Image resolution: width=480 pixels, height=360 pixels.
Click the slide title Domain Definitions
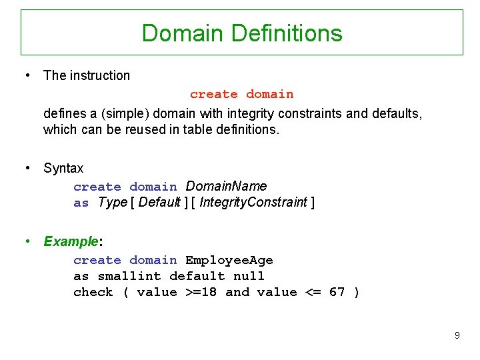coord(242,33)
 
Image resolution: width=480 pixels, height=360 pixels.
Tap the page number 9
coord(457,335)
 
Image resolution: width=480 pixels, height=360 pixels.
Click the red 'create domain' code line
coord(241,95)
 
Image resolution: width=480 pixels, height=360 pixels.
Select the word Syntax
coord(63,168)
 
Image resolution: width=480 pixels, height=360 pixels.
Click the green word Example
coord(70,241)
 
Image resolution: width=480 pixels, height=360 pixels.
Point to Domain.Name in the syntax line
coord(226,186)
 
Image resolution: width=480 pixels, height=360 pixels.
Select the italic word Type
coord(112,202)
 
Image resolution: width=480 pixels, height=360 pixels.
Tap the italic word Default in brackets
coord(159,202)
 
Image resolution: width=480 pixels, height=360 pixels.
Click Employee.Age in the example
coord(229,260)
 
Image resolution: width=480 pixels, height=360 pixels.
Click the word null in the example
coord(249,276)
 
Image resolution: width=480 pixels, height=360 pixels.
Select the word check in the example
coord(93,292)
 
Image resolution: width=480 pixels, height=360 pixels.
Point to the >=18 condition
coord(201,292)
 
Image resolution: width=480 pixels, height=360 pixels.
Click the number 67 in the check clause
coord(337,292)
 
